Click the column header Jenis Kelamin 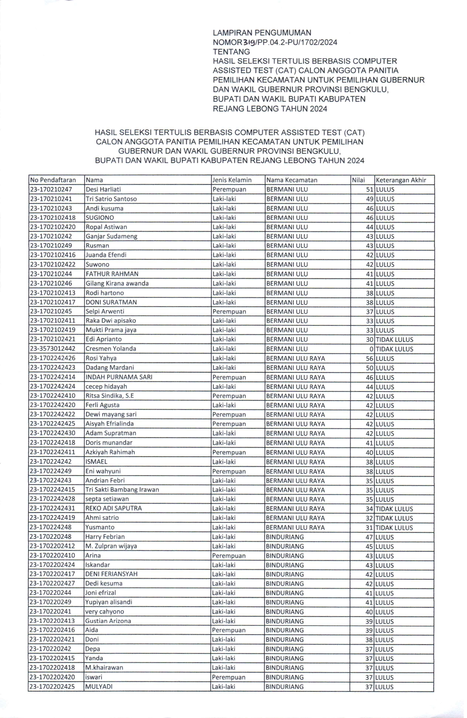[x=232, y=180]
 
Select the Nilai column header [x=358, y=180]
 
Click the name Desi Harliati [x=103, y=189]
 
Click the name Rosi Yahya [x=101, y=358]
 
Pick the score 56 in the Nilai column [x=370, y=358]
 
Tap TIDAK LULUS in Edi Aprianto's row [x=394, y=339]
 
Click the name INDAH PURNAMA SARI [x=119, y=377]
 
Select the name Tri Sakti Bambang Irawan [x=122, y=490]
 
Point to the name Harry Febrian [x=105, y=536]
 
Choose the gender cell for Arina [x=224, y=556]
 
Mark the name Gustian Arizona [x=108, y=621]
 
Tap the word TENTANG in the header [x=231, y=52]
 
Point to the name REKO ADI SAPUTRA [x=114, y=508]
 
